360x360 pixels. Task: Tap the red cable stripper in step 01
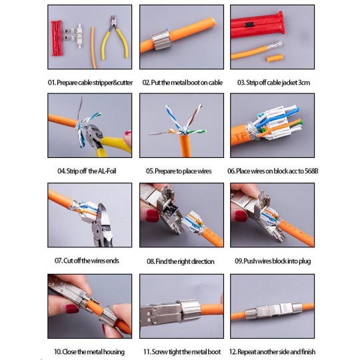[57, 38]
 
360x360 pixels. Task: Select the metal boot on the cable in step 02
[161, 39]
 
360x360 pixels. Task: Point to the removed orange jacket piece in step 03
[275, 58]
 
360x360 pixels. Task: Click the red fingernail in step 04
[128, 133]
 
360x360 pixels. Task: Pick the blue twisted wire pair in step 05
[173, 119]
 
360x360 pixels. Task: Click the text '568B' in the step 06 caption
[311, 171]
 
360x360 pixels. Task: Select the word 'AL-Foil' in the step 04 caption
[107, 171]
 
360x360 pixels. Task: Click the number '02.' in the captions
[146, 83]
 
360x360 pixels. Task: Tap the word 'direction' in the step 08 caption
[203, 261]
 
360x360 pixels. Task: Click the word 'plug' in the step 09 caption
[305, 261]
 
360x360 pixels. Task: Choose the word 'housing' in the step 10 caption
[113, 352]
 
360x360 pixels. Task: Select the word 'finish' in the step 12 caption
[309, 351]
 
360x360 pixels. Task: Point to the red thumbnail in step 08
[152, 216]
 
